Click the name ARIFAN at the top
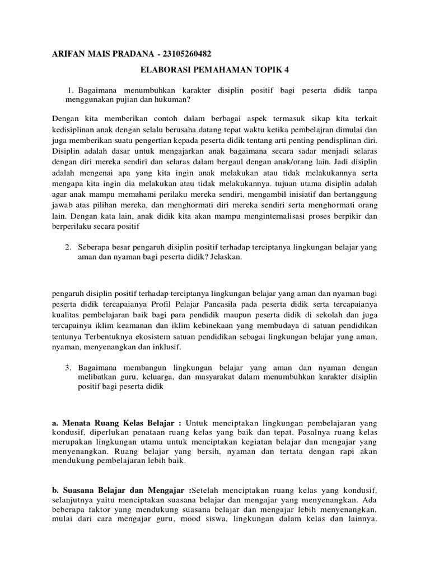tap(69, 54)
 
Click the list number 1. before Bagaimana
tap(71, 90)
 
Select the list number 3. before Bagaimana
tap(68, 367)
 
